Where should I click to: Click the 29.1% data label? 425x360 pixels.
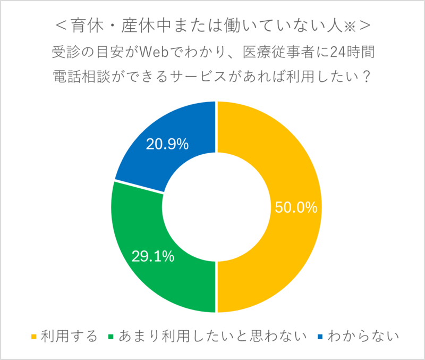tap(153, 257)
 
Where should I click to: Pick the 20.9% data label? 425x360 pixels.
tap(167, 144)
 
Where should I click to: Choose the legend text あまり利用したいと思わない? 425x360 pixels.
tap(212, 336)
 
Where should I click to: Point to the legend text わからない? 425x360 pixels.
tap(363, 336)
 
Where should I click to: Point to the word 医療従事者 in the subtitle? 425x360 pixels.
tap(271, 52)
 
